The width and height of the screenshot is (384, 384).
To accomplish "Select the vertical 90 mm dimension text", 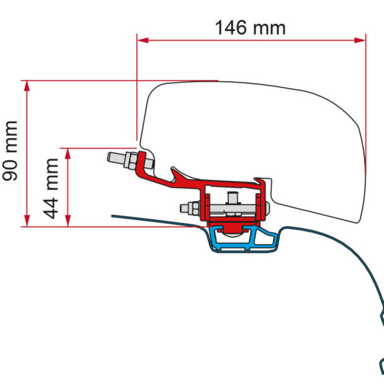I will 10,150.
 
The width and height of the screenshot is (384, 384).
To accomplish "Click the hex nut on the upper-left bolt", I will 133,162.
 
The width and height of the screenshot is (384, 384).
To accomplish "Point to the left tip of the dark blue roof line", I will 113,215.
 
